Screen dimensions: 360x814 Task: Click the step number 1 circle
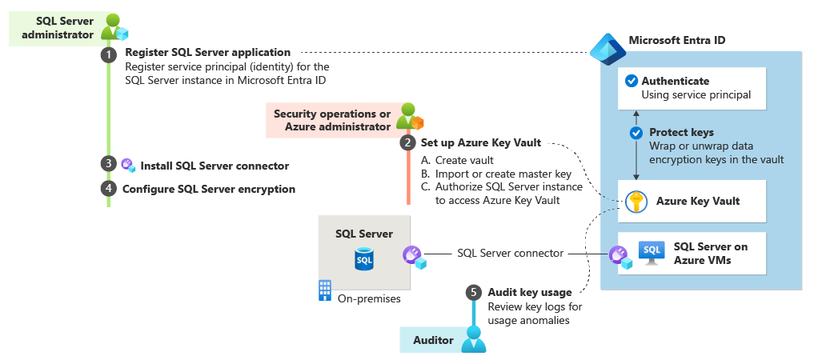click(x=108, y=54)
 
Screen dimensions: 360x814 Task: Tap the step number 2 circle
click(x=407, y=143)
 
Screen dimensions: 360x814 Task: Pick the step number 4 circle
click(x=108, y=189)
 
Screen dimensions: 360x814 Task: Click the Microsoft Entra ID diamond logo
click(x=607, y=47)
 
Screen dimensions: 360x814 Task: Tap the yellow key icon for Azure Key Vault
click(x=636, y=202)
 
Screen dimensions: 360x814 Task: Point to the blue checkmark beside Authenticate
click(x=631, y=81)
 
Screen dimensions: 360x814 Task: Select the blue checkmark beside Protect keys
click(x=637, y=133)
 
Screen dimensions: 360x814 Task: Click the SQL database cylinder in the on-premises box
click(x=364, y=259)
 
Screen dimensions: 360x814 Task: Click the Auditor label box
click(x=432, y=341)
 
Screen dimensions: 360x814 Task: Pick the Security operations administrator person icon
click(x=408, y=115)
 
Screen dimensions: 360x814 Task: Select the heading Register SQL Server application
click(x=207, y=53)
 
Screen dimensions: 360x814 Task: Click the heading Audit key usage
click(x=529, y=292)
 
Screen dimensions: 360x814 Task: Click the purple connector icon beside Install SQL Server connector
click(x=128, y=166)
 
